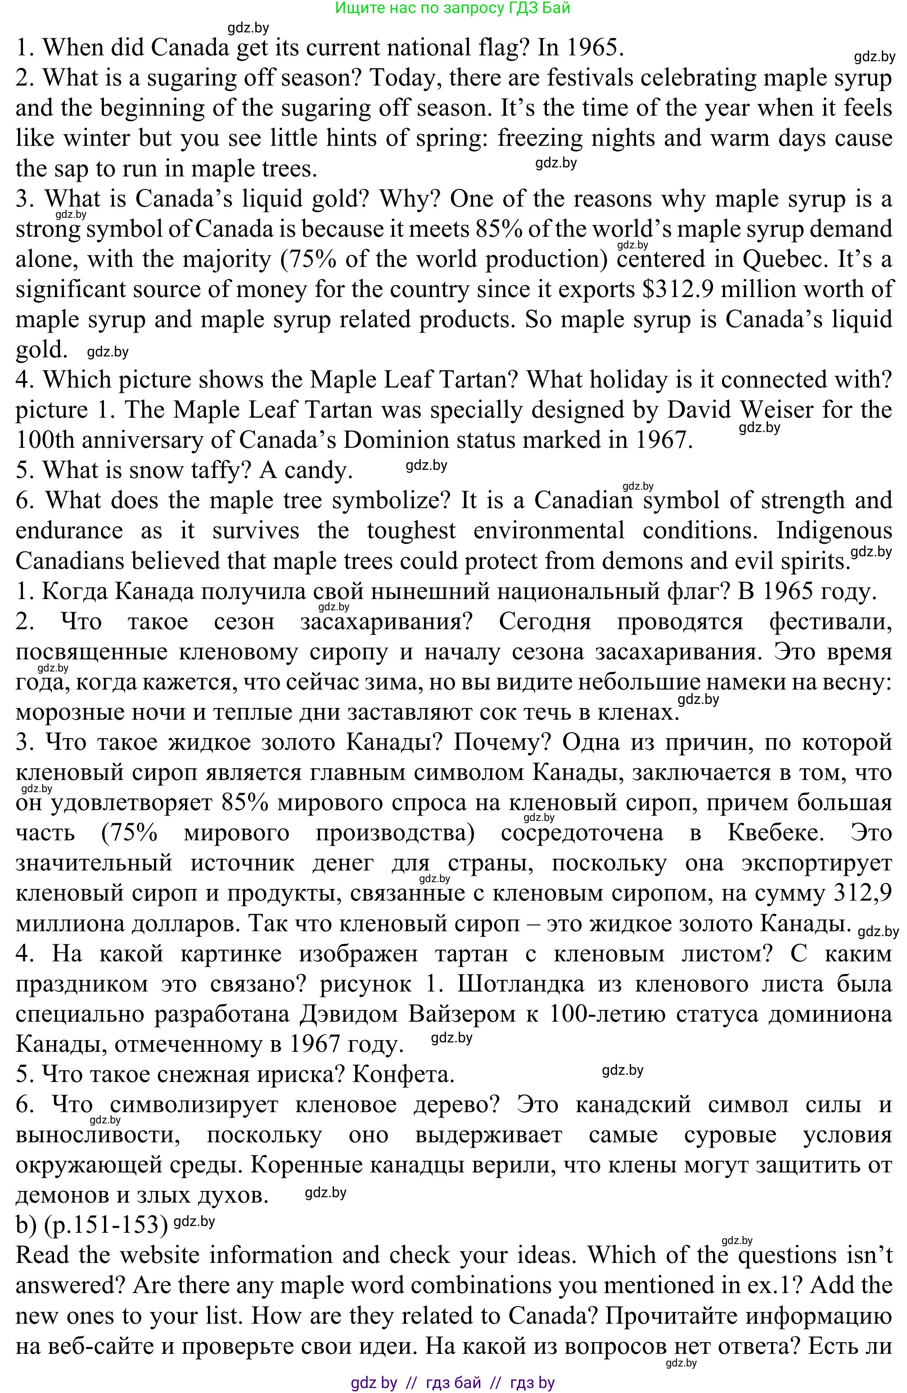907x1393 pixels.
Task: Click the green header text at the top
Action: [x=453, y=8]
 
